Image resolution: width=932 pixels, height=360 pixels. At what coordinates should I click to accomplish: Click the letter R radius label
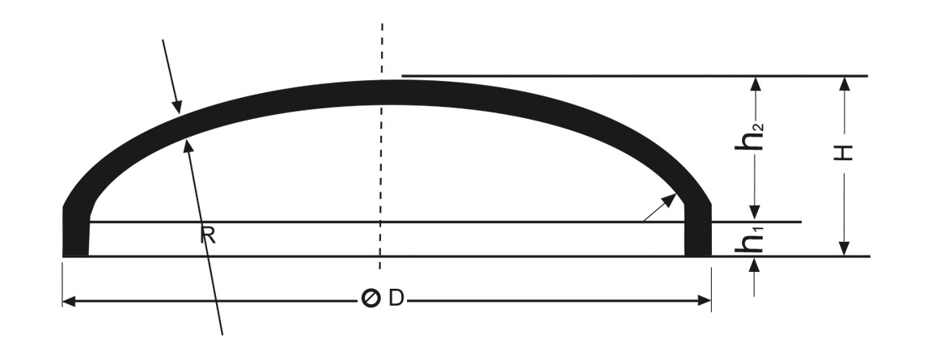click(207, 235)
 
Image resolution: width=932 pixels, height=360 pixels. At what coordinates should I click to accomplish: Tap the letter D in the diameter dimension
click(396, 299)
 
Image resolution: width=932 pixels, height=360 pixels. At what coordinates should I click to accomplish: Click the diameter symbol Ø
click(371, 299)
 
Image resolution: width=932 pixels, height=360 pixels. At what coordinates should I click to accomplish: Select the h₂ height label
click(749, 138)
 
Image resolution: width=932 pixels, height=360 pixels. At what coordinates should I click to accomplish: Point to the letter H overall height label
click(844, 153)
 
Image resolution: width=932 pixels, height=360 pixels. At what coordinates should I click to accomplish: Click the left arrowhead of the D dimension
click(69, 301)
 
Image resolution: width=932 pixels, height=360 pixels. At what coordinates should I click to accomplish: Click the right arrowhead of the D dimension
click(705, 301)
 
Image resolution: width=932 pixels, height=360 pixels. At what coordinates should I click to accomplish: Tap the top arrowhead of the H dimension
click(844, 84)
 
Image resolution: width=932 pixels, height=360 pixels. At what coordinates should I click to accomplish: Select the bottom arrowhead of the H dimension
click(844, 248)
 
